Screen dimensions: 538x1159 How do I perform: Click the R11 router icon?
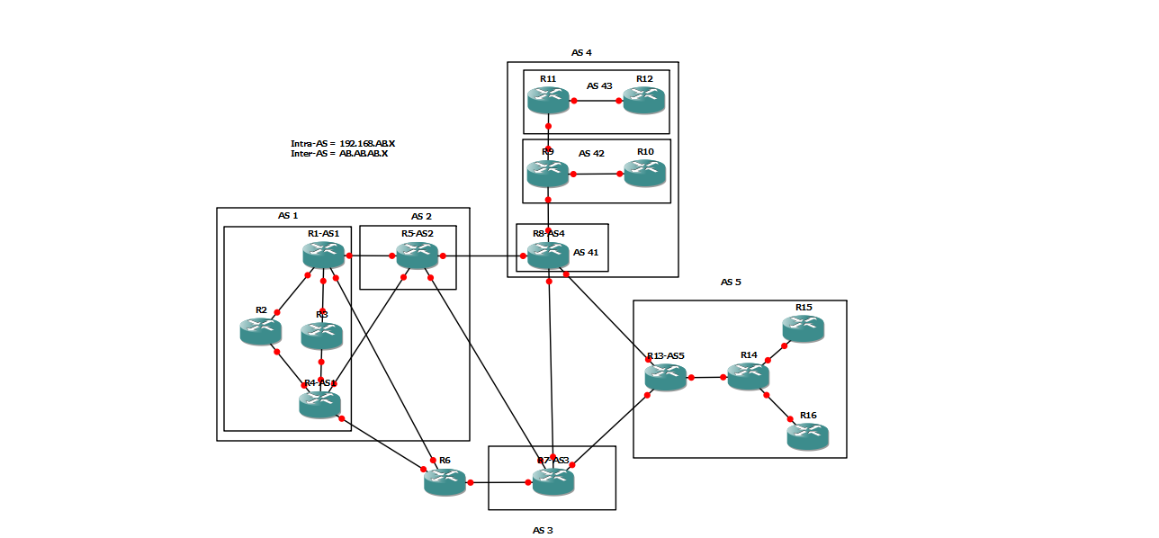point(549,100)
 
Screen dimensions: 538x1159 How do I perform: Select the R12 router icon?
point(643,100)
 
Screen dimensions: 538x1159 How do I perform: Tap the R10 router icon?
point(644,173)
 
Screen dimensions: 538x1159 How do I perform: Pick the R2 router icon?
point(261,331)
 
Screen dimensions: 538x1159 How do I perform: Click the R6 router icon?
point(445,482)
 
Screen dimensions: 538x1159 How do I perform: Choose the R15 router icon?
point(803,328)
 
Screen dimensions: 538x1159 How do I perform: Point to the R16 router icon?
point(807,436)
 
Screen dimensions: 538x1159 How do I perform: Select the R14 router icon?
point(748,376)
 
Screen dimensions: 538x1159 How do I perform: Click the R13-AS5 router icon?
point(666,377)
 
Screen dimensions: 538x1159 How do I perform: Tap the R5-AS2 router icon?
point(418,256)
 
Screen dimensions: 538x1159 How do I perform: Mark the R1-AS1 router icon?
point(324,256)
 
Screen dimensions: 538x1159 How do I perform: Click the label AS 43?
point(599,85)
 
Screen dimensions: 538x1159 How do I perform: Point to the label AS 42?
point(591,153)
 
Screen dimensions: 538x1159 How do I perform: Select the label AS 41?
point(586,252)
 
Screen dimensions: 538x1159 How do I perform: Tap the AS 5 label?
point(731,282)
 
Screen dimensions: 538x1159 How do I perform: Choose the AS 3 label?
point(542,530)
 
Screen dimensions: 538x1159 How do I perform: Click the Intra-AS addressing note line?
point(343,143)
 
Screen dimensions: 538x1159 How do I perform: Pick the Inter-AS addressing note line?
point(339,154)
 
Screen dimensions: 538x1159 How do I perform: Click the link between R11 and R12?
point(596,101)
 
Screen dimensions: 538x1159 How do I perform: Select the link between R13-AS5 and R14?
point(707,378)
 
